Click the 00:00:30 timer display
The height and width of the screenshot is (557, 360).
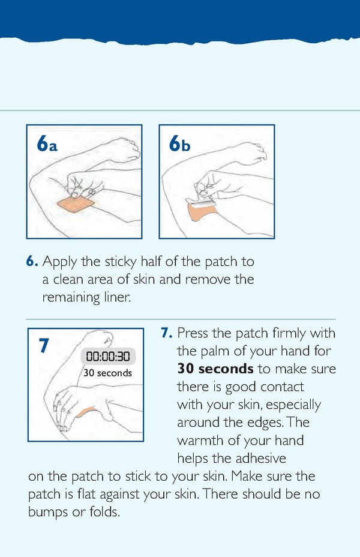click(108, 357)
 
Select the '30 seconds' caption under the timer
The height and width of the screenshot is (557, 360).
click(107, 373)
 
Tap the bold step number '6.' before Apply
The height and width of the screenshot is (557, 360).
click(32, 262)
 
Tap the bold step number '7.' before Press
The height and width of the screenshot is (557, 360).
click(167, 333)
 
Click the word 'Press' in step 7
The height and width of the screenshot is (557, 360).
click(192, 333)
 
